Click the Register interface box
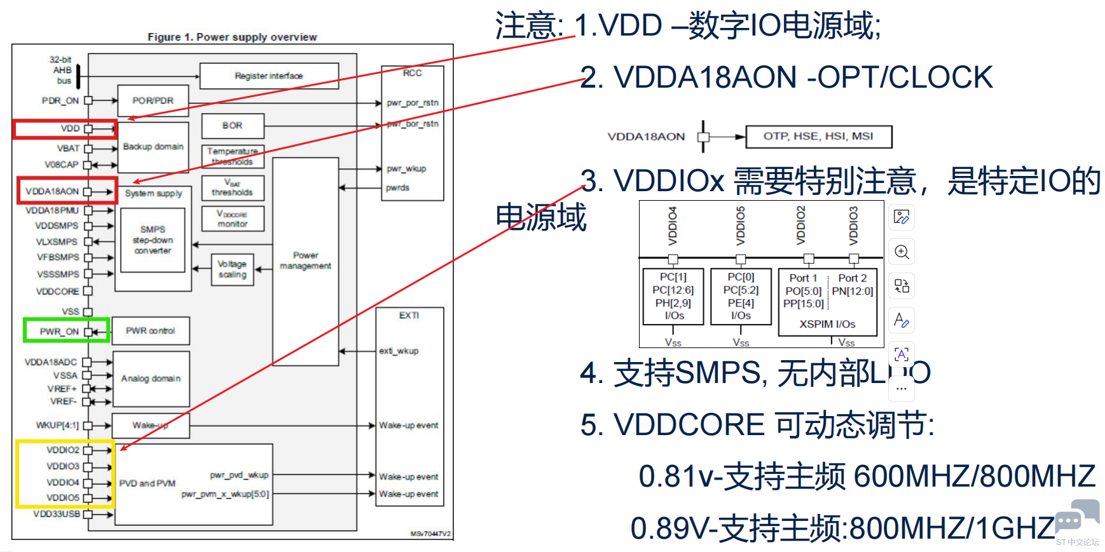268,76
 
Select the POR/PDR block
153,100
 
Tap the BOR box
232,126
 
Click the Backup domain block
153,147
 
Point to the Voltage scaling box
232,269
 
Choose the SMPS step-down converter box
153,240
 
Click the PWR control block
150,331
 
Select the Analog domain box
151,379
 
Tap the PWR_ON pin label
59,332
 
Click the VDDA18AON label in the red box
52,191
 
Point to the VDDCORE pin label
57,292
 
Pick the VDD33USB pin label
57,514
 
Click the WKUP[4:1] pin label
57,426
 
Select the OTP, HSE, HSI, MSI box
818,136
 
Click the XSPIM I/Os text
827,324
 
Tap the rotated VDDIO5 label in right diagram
741,226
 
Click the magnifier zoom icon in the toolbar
902,252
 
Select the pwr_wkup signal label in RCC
406,169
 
